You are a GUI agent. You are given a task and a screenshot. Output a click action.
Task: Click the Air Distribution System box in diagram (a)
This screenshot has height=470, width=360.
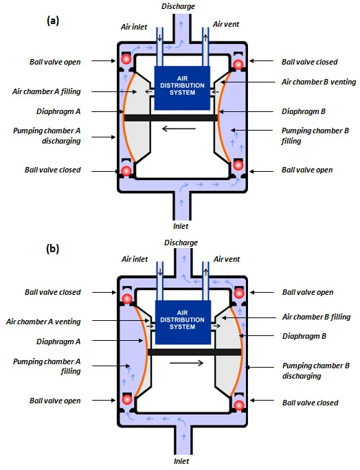pyautogui.click(x=182, y=88)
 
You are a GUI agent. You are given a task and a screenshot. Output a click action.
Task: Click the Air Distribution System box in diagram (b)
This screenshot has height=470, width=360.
pyautogui.click(x=182, y=322)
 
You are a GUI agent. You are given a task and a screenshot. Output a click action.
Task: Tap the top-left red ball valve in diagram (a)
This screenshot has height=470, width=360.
pyautogui.click(x=126, y=59)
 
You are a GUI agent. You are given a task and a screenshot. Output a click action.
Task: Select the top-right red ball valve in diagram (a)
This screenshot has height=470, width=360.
pyautogui.click(x=238, y=64)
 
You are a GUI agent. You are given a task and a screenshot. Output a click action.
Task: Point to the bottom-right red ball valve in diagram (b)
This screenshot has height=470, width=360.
pyautogui.click(x=239, y=405)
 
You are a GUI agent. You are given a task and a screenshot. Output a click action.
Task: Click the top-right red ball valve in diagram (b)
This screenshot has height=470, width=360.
pyautogui.click(x=239, y=293)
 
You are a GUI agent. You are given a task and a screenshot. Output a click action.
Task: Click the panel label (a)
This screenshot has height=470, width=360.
pyautogui.click(x=53, y=21)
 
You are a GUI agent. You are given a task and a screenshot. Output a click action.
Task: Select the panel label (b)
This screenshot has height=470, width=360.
pyautogui.click(x=53, y=249)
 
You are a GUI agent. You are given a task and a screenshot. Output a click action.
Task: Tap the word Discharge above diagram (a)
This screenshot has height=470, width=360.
pyautogui.click(x=179, y=6)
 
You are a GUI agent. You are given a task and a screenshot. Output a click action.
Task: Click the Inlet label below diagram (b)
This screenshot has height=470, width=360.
pyautogui.click(x=181, y=460)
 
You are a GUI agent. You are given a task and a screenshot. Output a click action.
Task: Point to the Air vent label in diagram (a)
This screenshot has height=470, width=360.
pyautogui.click(x=226, y=24)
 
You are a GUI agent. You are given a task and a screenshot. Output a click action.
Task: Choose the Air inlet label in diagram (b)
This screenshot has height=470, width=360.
pyautogui.click(x=135, y=259)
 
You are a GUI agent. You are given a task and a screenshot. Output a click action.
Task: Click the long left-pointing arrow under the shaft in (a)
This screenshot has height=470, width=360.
pyautogui.click(x=179, y=129)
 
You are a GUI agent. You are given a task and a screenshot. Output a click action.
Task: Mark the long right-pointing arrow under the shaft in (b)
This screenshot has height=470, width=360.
pyautogui.click(x=186, y=363)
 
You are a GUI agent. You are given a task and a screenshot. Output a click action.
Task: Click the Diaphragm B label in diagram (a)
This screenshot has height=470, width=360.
pyautogui.click(x=304, y=111)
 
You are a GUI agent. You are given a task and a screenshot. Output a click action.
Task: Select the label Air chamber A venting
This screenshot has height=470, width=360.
pyautogui.click(x=43, y=322)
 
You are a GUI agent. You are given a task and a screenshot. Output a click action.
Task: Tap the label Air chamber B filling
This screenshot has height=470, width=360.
pyautogui.click(x=316, y=317)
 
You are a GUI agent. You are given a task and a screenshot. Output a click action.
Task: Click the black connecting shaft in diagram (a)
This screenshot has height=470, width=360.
pyautogui.click(x=171, y=117)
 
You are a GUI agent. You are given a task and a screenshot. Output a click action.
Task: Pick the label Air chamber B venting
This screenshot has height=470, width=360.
pyautogui.click(x=319, y=82)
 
